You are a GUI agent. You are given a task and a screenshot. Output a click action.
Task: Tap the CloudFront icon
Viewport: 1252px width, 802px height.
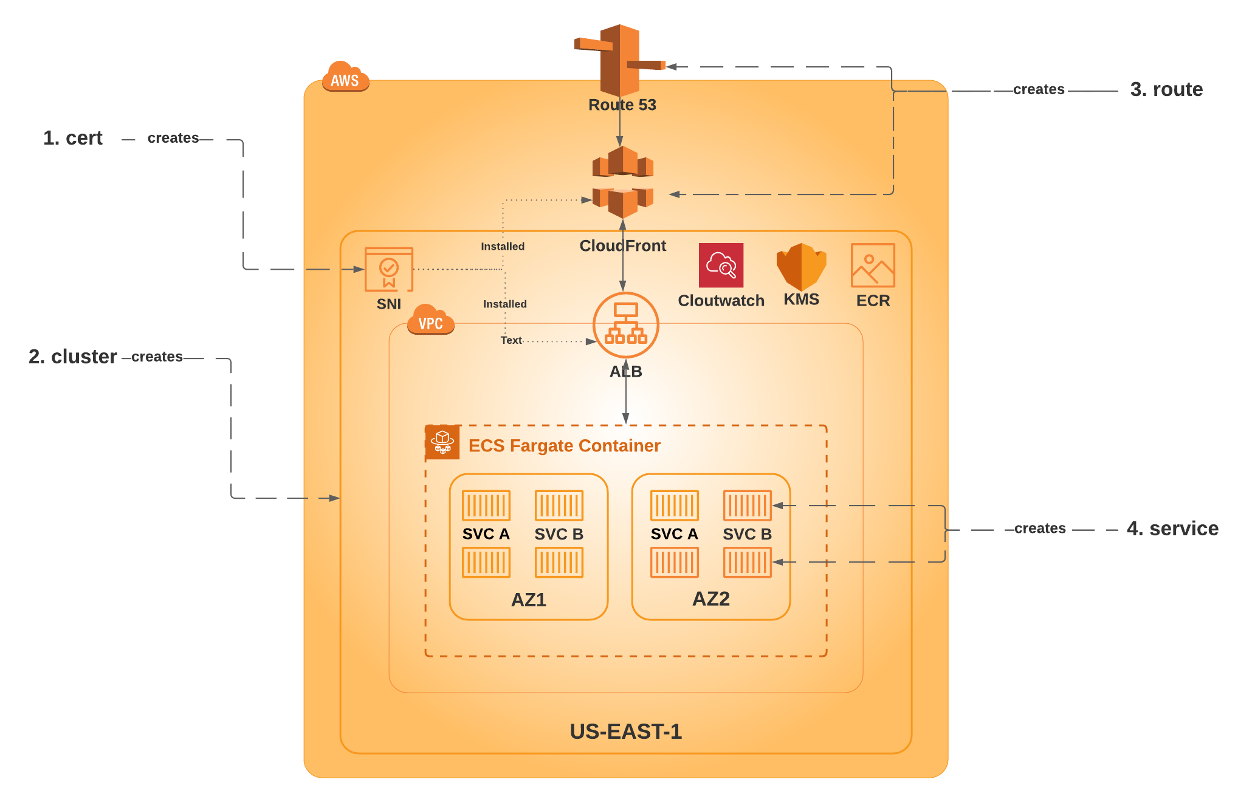[x=622, y=182]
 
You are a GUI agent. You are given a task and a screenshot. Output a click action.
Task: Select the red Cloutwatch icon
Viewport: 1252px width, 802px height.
[x=721, y=265]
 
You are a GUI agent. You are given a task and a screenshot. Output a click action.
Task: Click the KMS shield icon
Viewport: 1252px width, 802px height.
[x=801, y=267]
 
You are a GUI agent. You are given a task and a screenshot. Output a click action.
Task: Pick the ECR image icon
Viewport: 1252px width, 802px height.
[x=873, y=265]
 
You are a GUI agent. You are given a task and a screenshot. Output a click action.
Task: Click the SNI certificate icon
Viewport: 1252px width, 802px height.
[x=389, y=269]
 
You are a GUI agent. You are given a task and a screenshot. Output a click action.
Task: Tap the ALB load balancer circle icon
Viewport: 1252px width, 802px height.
[x=626, y=325]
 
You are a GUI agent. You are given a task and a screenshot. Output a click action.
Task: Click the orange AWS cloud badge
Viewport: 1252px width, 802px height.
[x=345, y=77]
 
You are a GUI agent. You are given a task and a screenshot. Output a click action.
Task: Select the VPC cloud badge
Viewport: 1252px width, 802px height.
[x=430, y=320]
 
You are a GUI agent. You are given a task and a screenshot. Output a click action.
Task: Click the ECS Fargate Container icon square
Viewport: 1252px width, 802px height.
[x=442, y=442]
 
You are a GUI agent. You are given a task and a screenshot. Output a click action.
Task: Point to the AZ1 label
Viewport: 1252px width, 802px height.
[x=529, y=600]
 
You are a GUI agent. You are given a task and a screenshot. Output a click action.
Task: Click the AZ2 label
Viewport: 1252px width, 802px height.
[x=711, y=598]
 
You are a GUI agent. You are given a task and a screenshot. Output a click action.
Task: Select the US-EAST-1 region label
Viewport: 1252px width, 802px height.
[x=626, y=732]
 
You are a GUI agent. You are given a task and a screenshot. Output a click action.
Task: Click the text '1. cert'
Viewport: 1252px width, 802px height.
[x=73, y=138]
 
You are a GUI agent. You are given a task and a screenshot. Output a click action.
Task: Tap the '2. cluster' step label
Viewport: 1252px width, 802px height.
[x=73, y=357]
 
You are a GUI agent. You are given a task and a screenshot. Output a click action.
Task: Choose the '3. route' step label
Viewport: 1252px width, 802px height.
[x=1167, y=89]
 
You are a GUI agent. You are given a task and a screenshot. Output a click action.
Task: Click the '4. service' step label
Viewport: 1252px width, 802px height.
[x=1173, y=529]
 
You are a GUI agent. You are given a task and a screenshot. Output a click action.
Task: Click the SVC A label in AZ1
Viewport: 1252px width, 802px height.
[x=486, y=534]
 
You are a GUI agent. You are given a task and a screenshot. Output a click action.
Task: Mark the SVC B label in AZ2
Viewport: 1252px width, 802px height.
[x=748, y=534]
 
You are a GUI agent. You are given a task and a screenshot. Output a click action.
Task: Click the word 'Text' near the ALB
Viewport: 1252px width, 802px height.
[x=511, y=340]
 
